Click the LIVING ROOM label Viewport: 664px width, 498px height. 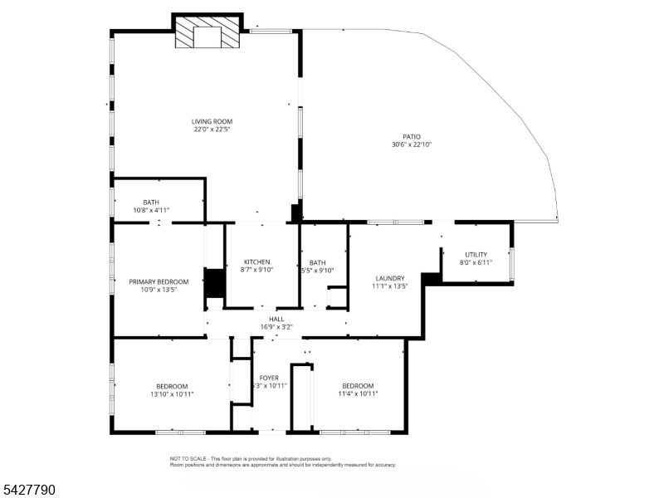point(212,121)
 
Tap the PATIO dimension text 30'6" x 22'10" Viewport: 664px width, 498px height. point(412,144)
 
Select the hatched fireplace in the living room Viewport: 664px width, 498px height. point(207,36)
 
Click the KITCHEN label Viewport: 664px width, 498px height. point(256,261)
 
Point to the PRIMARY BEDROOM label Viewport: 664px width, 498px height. point(159,281)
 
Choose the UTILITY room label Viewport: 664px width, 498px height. point(476,254)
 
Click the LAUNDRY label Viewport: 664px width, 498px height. point(390,278)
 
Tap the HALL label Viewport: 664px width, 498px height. point(276,319)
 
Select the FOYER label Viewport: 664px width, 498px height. point(269,378)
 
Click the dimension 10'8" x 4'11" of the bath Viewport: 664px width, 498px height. point(151,211)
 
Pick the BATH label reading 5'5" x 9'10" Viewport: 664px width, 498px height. point(317,262)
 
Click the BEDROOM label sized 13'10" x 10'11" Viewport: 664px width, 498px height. point(172,386)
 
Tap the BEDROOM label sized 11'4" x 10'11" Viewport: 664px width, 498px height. point(358,385)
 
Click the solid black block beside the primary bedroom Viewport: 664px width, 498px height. point(215,283)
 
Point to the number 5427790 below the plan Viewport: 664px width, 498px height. point(28,491)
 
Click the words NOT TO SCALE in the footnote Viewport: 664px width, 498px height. point(188,458)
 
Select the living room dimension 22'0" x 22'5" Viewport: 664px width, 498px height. point(212,129)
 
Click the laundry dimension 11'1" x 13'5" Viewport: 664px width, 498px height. point(390,286)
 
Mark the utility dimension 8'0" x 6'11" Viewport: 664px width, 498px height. point(476,262)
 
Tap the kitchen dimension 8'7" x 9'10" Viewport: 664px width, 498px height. point(256,270)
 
